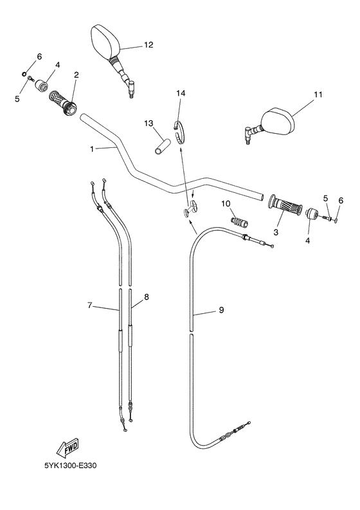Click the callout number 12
[148, 45]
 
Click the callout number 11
[318, 95]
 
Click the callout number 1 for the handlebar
[92, 149]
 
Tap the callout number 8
[147, 296]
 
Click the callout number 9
[221, 311]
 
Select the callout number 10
[226, 204]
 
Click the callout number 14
[181, 94]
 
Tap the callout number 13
[148, 123]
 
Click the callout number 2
[76, 75]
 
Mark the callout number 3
[276, 232]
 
